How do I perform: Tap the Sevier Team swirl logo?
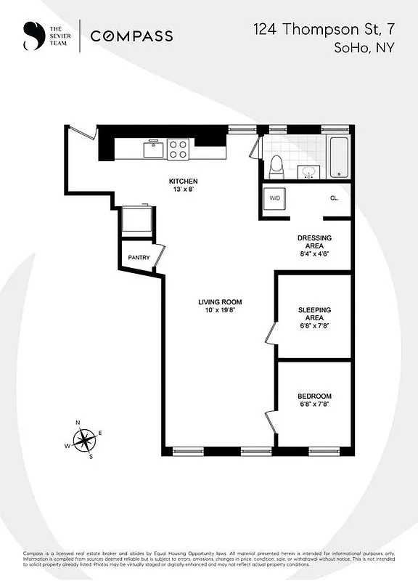[x=33, y=36]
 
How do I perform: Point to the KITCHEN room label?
[x=183, y=181]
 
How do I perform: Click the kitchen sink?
[x=153, y=150]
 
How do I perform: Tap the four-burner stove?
[x=179, y=150]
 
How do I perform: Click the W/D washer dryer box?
[x=275, y=198]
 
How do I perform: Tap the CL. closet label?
[x=335, y=198]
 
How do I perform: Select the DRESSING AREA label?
[x=315, y=242]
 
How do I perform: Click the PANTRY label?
[x=139, y=257]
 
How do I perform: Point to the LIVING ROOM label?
[x=220, y=302]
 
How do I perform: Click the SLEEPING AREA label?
[x=315, y=314]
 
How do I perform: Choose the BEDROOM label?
[x=315, y=396]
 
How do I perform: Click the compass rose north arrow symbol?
[x=86, y=439]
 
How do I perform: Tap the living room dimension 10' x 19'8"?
[x=220, y=310]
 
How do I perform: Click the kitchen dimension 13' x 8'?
[x=183, y=189]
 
